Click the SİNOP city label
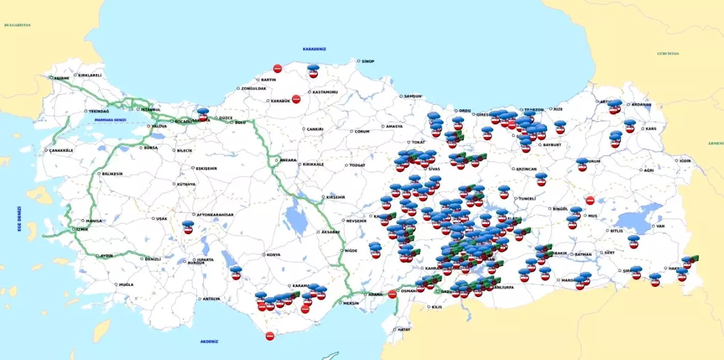point(368,61)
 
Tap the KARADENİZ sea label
point(314,49)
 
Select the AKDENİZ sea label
point(209,341)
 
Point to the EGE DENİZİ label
point(19,219)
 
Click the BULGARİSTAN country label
point(17,25)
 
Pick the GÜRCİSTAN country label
point(668,54)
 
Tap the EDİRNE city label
point(61,78)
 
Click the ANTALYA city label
point(211,299)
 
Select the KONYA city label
point(273,255)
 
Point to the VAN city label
point(660,226)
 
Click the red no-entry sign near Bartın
point(277,68)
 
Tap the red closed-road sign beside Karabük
point(296,99)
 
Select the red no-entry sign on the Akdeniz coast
point(270,336)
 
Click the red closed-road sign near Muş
point(590,201)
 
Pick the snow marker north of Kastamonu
point(313,70)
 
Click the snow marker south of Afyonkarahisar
point(188,227)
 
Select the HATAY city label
point(404,330)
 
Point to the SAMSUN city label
point(412,97)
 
